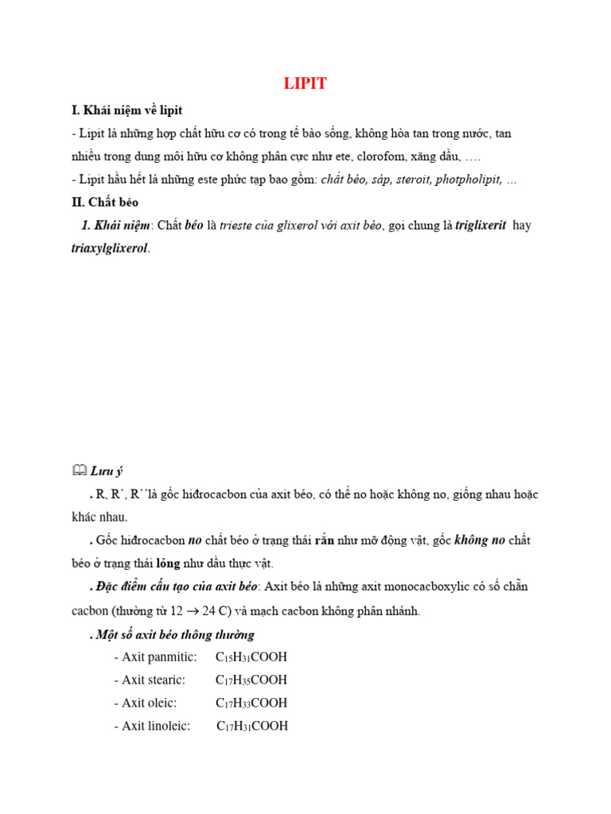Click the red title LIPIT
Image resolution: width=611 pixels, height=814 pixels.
point(305,84)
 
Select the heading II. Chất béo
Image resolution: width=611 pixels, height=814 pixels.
point(104,202)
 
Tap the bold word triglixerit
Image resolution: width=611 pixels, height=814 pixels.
point(481,225)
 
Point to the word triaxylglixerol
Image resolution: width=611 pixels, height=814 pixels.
point(109,248)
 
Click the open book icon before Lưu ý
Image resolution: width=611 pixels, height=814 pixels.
point(79,471)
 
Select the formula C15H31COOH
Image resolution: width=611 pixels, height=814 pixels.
point(251,657)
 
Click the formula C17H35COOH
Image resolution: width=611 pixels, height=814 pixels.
point(251,680)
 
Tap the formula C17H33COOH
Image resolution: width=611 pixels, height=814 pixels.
point(251,703)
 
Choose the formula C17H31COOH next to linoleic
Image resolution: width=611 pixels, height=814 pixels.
point(252,726)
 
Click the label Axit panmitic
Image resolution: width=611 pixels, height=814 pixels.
point(155,657)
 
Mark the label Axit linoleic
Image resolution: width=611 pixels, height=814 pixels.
point(152,726)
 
